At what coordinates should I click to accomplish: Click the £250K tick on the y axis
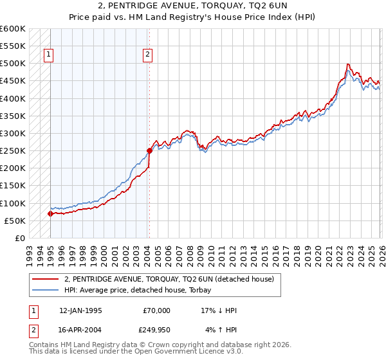tap(13, 151)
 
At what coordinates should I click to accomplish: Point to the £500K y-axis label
tap(13, 64)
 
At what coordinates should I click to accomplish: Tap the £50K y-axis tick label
tap(15, 221)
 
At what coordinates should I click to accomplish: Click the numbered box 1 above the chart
tap(49, 55)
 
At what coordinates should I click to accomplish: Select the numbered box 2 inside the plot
tap(148, 55)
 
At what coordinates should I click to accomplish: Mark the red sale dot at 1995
tap(50, 214)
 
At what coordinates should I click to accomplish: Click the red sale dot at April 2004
tap(149, 151)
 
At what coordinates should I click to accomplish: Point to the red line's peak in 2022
tap(347, 64)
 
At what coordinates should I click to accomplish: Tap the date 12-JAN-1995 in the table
tap(80, 310)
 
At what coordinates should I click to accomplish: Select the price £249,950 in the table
tap(157, 331)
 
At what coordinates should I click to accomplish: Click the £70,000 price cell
tap(157, 310)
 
